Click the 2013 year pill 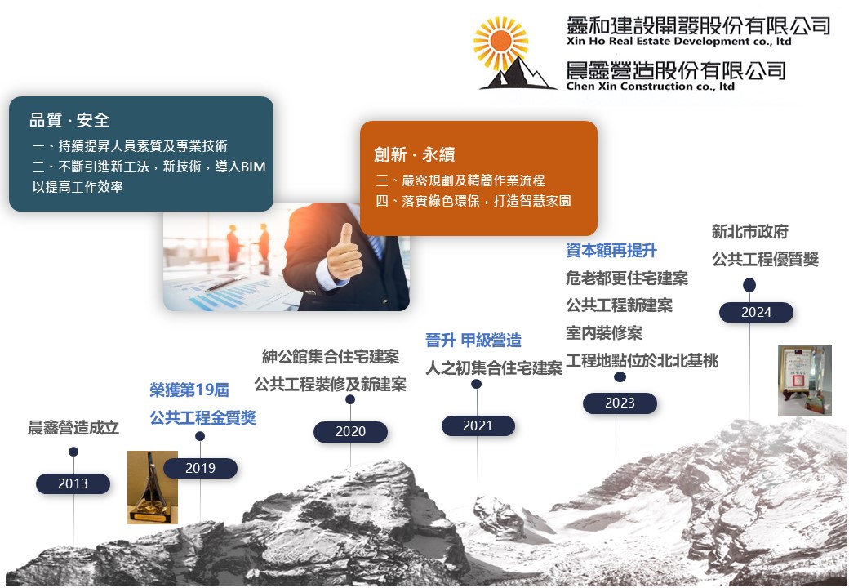click(73, 483)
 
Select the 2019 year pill click(200, 468)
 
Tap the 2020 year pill click(350, 431)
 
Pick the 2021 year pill click(478, 425)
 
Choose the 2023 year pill click(620, 403)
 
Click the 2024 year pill click(757, 313)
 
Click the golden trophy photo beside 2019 click(153, 488)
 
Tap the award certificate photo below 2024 click(805, 381)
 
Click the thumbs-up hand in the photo click(344, 253)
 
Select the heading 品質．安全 click(69, 120)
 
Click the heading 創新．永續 click(414, 154)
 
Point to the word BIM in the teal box click(252, 167)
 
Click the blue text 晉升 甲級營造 click(473, 341)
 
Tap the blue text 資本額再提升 click(611, 250)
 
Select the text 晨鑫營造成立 click(73, 428)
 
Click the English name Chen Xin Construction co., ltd click(651, 86)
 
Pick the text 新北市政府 click(749, 232)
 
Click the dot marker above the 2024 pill click(749, 285)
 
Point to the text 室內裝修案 click(604, 332)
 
